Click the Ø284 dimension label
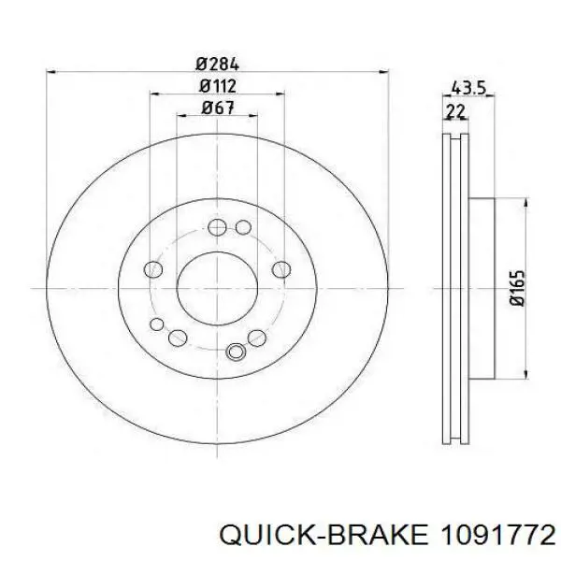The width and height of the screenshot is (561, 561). click(217, 65)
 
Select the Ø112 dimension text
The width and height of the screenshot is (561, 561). click(218, 86)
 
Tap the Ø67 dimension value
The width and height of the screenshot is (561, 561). click(218, 108)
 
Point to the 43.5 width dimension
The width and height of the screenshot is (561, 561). click(468, 87)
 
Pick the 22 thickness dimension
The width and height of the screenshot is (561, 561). click(455, 111)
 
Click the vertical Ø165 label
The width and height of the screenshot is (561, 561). click(517, 288)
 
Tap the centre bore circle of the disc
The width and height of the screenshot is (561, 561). click(217, 288)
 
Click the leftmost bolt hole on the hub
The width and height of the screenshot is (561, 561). click(153, 269)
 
